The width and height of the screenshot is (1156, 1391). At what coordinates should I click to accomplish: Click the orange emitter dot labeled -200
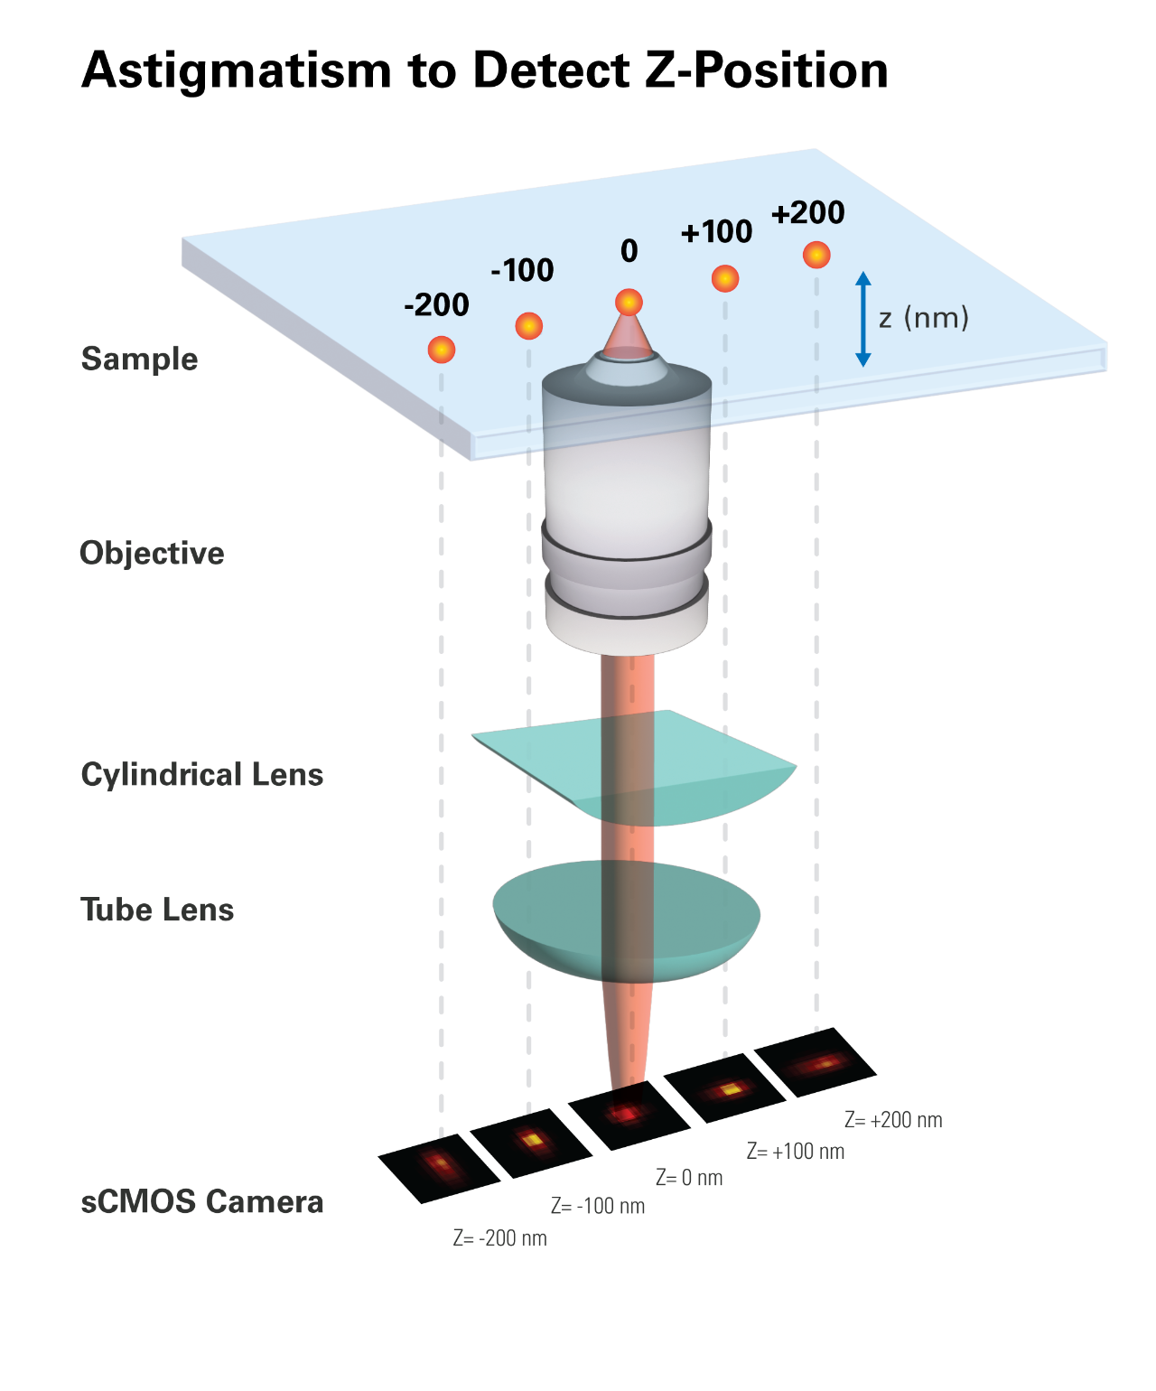point(441,349)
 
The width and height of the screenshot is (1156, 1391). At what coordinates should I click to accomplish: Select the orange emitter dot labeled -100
point(528,325)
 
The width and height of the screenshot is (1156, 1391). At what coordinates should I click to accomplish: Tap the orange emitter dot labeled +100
point(724,278)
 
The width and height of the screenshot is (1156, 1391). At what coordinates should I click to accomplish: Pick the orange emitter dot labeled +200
point(816,255)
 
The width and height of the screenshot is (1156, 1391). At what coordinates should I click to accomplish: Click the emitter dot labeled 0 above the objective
point(629,301)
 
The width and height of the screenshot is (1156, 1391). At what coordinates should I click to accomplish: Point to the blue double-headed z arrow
point(862,319)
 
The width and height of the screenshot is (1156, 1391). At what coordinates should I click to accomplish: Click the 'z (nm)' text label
point(923,318)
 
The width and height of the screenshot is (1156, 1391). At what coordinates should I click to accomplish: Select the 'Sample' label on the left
point(139,359)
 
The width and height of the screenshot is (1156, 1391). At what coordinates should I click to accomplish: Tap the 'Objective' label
point(152,553)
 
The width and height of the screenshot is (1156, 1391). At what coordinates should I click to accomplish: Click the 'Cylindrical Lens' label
point(201,774)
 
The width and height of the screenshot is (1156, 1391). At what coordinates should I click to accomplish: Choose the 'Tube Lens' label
point(157,910)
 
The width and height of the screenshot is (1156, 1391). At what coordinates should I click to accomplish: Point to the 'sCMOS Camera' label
point(201,1201)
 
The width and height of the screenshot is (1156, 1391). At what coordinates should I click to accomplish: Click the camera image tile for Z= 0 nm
point(629,1115)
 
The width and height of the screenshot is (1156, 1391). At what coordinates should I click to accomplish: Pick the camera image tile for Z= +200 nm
point(816,1063)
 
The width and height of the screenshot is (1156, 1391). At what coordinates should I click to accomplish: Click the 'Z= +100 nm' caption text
point(795,1151)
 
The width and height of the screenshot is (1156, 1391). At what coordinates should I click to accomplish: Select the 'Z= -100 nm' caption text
point(598,1206)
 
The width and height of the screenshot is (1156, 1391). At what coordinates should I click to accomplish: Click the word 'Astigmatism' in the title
point(237,70)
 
